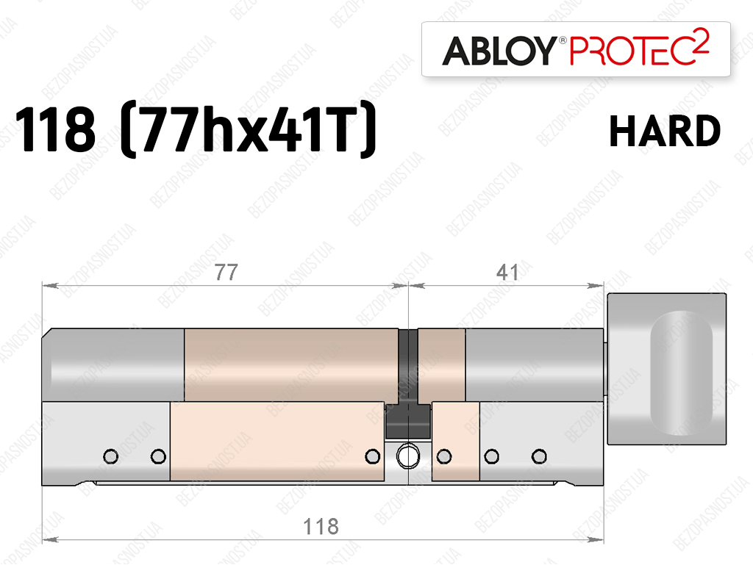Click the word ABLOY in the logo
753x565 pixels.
[x=499, y=51]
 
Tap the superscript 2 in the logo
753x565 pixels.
[x=702, y=43]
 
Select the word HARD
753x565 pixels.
[x=665, y=131]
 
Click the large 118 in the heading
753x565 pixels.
[x=56, y=130]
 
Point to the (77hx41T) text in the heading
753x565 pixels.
[x=248, y=129]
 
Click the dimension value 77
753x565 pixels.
[x=226, y=273]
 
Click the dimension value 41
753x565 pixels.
[x=507, y=273]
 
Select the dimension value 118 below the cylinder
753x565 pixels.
[x=321, y=527]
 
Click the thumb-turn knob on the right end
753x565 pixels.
[x=666, y=369]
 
